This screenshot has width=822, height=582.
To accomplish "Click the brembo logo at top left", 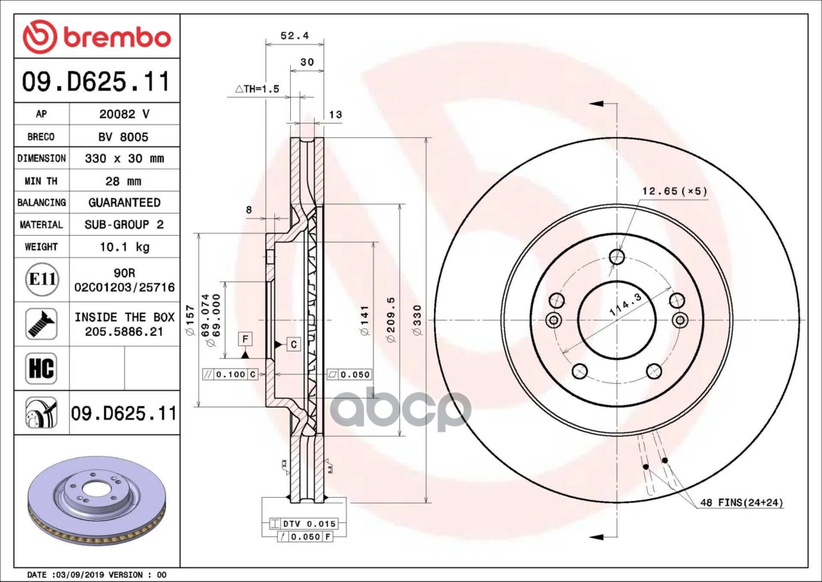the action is tap(97, 37).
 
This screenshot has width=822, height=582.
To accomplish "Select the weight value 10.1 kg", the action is tap(125, 247).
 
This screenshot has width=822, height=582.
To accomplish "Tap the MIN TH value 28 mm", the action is tap(123, 181).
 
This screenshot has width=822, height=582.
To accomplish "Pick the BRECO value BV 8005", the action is tap(123, 137).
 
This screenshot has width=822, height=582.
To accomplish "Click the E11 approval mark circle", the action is tap(42, 279).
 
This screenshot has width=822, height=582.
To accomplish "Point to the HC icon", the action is tap(41, 369).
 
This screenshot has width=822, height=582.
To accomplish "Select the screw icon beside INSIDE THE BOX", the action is tap(41, 324).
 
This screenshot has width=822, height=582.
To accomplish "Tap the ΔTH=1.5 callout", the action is tap(257, 89).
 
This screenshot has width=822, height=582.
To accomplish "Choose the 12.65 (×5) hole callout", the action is tap(674, 191).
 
